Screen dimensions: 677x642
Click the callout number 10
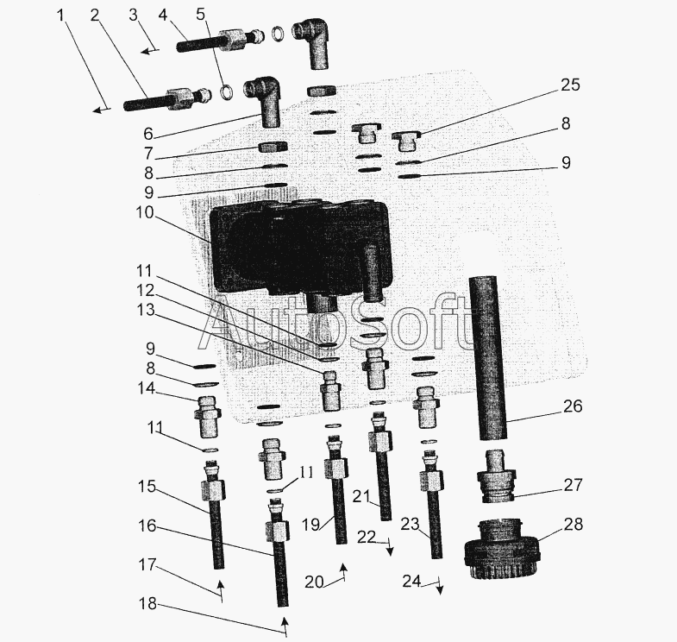tap(145, 212)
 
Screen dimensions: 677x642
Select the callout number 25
tap(570, 85)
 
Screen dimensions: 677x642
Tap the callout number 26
tap(573, 406)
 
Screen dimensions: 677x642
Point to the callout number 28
tap(573, 524)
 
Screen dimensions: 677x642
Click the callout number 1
tap(60, 16)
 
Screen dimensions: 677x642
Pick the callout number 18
tap(147, 603)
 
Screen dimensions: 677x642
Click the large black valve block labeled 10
tap(301, 250)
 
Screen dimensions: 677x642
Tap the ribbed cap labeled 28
tap(501, 550)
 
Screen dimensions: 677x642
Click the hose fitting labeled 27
tap(496, 476)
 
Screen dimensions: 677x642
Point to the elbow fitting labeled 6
tap(264, 101)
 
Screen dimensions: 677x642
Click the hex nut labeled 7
tap(273, 148)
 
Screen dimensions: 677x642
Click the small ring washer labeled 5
tap(226, 91)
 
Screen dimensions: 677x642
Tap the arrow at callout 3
tap(150, 51)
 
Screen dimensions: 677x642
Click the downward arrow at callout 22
tap(390, 546)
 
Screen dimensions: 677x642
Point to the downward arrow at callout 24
tap(440, 585)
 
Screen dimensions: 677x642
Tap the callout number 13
tap(145, 310)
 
